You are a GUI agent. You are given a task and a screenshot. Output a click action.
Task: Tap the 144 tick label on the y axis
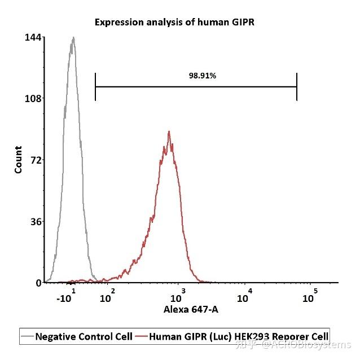(33, 37)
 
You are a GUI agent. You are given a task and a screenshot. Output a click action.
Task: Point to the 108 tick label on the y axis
(33, 98)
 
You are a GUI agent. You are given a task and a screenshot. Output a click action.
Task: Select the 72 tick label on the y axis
(35, 160)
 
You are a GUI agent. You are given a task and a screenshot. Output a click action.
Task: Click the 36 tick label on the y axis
(35, 221)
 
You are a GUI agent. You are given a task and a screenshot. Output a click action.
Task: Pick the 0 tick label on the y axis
(38, 282)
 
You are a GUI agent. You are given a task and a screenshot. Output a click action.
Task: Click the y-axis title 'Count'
(19, 160)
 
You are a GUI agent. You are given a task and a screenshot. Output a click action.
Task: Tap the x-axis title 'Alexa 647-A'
(191, 310)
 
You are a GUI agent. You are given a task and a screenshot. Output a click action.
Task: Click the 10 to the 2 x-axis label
(107, 297)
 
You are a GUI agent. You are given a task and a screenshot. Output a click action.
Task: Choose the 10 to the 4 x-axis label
(244, 297)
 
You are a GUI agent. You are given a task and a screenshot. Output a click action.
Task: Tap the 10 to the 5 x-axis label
(310, 297)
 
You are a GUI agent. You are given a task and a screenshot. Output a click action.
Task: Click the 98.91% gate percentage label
(202, 76)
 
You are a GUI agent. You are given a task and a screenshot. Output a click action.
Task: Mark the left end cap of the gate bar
(95, 87)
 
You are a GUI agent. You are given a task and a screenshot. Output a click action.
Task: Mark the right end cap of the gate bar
(297, 87)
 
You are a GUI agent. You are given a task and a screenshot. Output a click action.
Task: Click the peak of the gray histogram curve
(73, 38)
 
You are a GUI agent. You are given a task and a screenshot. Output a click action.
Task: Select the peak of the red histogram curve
(169, 132)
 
